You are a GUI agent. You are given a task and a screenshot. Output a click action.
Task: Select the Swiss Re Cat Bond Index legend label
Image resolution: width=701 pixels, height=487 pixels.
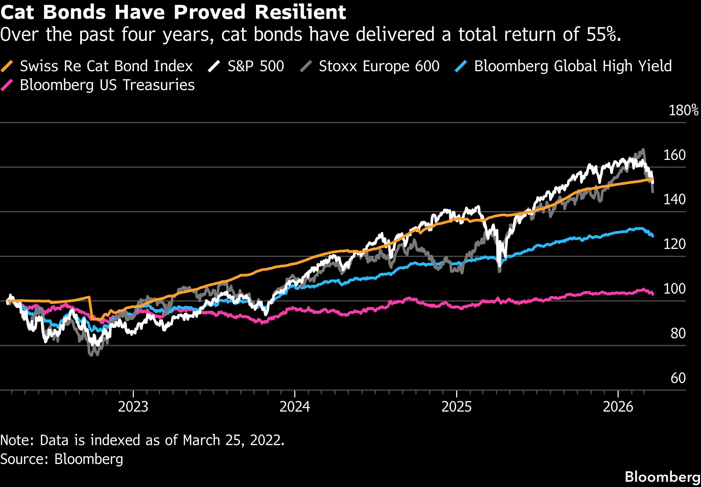106,66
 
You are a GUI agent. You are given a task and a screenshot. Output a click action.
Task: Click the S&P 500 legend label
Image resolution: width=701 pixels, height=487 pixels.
256,66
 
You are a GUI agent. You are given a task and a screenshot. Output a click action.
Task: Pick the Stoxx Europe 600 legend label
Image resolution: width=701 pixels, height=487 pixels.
379,66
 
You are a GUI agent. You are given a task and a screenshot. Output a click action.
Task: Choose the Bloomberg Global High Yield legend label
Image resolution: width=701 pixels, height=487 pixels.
573,66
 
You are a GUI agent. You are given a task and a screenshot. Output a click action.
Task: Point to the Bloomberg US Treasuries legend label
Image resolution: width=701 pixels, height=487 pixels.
107,85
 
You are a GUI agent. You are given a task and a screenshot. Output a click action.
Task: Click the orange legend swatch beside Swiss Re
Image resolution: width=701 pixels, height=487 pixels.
7,66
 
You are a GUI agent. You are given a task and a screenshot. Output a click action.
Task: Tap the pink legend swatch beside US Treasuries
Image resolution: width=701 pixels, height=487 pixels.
7,85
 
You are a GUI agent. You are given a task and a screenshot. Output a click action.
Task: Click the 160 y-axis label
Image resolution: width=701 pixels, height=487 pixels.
674,155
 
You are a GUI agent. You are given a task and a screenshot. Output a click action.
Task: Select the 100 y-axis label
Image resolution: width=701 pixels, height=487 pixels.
674,289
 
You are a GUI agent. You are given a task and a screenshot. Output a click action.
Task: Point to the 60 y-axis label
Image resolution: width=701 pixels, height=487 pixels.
678,378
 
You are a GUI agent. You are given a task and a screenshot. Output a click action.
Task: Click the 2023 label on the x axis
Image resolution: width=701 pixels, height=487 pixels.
133,407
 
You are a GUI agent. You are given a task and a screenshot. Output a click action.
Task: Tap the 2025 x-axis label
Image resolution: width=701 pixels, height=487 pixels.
456,407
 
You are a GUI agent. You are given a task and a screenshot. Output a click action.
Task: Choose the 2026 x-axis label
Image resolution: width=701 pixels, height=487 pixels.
618,407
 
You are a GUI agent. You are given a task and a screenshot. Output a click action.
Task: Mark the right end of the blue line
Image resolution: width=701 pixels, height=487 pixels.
652,236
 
